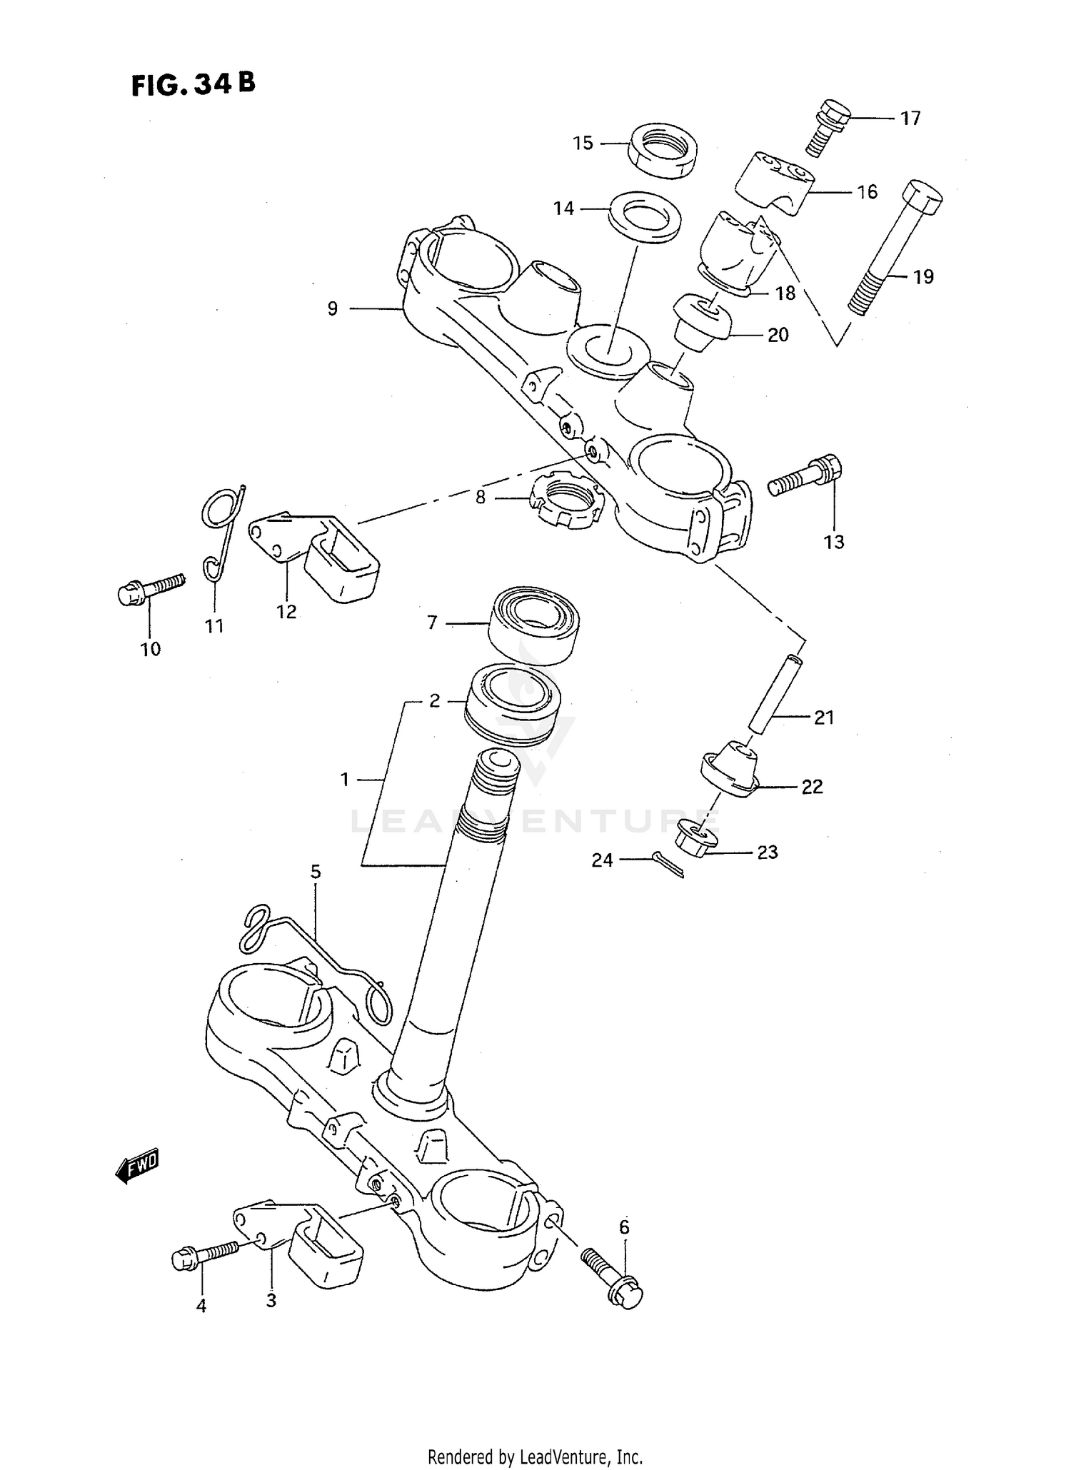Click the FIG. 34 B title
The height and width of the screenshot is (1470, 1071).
pos(193,85)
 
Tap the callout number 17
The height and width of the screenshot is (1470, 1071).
pos(910,119)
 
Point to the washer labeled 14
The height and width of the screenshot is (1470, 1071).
pos(644,216)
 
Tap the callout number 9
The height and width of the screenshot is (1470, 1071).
pos(333,309)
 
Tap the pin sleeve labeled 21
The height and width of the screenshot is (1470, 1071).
pos(775,693)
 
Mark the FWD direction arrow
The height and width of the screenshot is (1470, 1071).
pos(137,1167)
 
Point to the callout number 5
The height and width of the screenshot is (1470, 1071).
pos(315,872)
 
